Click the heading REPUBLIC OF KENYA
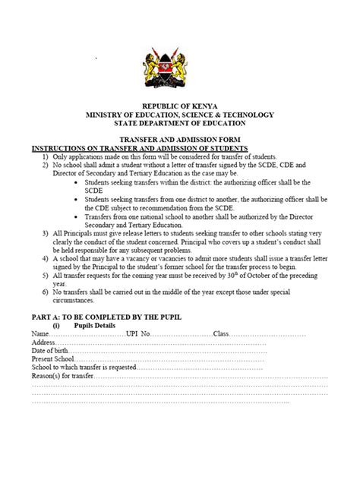(179, 106)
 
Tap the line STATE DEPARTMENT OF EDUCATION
(179, 123)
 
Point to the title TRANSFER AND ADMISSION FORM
(180, 140)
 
